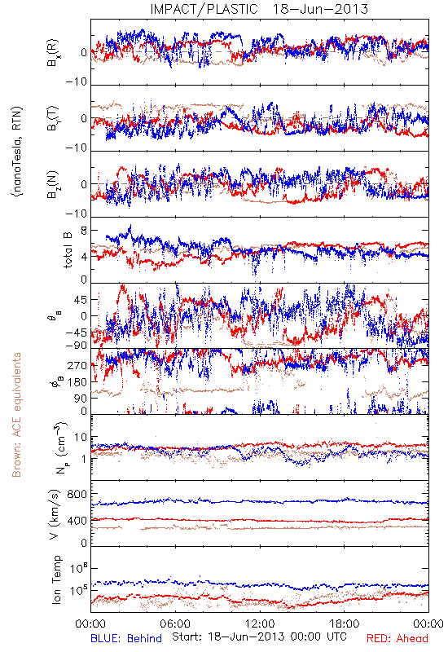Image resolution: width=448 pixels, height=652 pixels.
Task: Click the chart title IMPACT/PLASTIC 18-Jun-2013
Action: coord(259,9)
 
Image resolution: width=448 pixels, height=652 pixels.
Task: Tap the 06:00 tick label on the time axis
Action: coord(175,623)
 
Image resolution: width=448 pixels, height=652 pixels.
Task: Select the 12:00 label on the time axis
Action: coord(260,623)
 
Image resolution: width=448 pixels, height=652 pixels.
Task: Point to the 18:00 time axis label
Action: coord(345,623)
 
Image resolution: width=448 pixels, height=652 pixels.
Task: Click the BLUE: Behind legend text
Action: coord(126,638)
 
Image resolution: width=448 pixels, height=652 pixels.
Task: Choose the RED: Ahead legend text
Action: coord(397,638)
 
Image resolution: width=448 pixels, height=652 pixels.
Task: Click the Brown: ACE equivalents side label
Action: coord(16,415)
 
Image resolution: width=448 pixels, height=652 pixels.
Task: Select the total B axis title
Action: coord(68,250)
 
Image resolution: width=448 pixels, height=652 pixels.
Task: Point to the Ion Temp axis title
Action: coord(56,579)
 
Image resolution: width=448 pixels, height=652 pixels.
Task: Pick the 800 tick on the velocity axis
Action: coord(77,494)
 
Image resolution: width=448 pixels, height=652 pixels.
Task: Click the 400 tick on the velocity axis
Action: coord(77,521)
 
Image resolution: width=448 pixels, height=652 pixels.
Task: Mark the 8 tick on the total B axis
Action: coord(84,231)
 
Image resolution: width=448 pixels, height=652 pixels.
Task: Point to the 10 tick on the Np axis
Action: coord(81,438)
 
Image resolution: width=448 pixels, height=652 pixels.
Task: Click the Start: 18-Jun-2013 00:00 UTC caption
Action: coord(259,637)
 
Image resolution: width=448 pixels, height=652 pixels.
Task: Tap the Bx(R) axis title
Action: coord(53,53)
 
